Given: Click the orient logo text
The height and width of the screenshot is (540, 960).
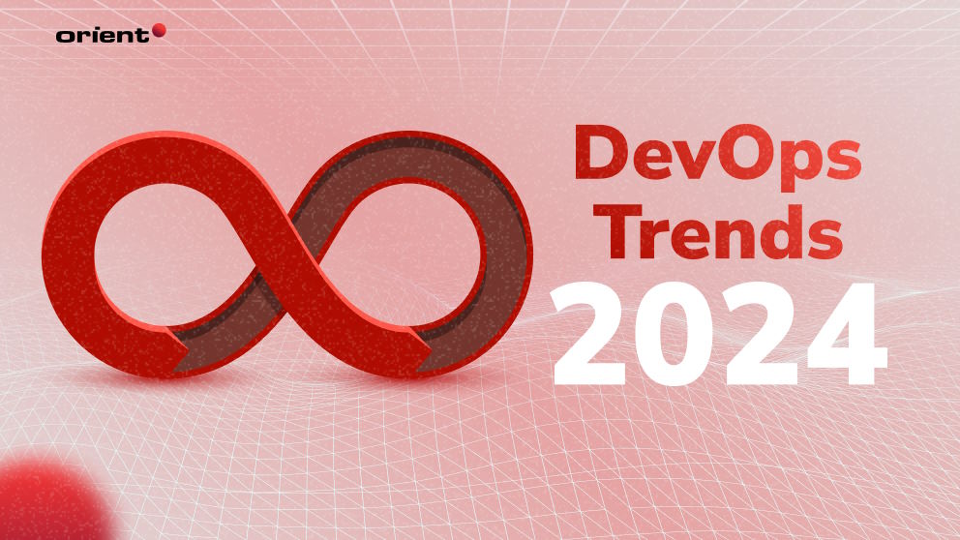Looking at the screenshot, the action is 103,36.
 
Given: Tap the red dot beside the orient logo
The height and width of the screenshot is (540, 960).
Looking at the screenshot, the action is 159,31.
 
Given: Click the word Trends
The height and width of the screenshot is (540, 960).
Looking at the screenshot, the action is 718,231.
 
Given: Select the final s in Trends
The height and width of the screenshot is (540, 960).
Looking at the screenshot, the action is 825,238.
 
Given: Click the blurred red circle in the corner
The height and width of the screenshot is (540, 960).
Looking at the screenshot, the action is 49,499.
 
